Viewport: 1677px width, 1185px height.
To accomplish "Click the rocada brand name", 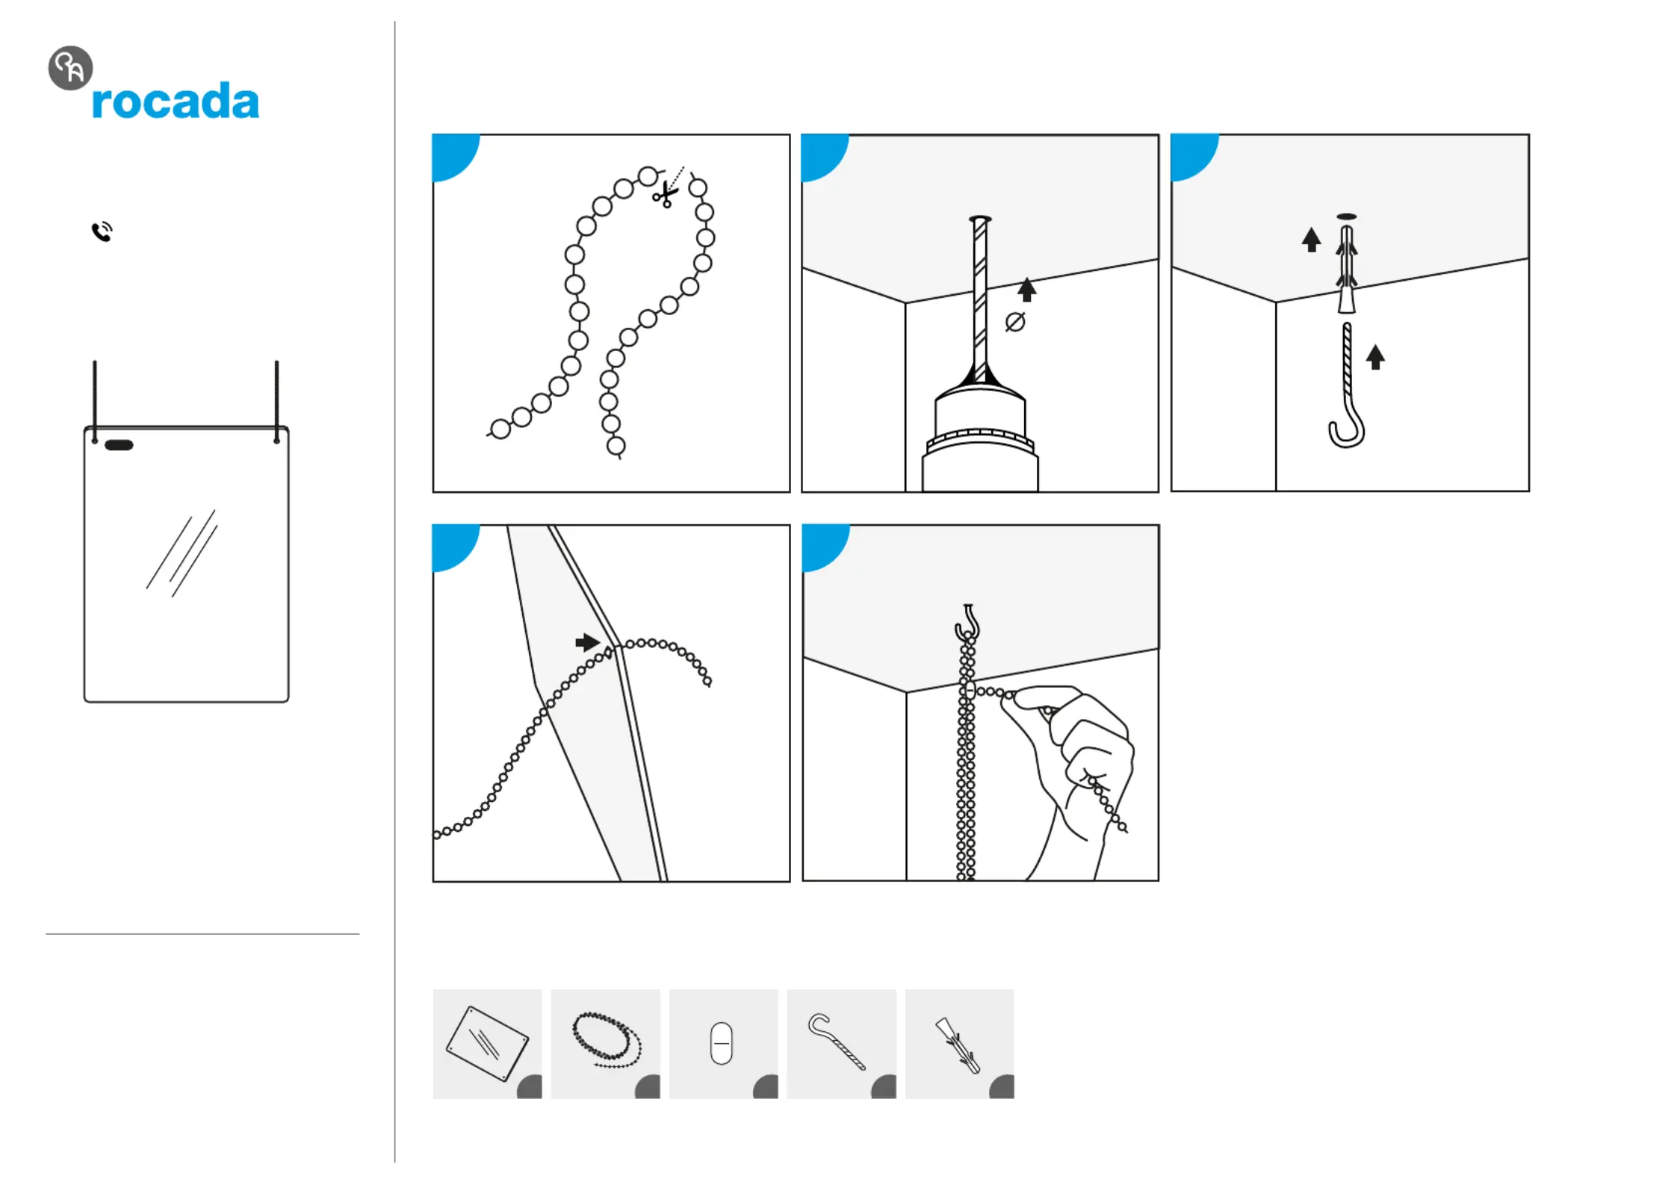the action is pyautogui.click(x=175, y=101).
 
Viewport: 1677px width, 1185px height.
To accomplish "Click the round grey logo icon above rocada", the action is pyautogui.click(x=70, y=68).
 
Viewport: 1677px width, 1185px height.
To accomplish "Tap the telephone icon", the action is pyautogui.click(x=102, y=231).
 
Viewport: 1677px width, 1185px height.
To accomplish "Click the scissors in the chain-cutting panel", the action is pyautogui.click(x=664, y=195).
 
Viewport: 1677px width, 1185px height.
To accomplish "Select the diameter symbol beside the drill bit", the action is pyautogui.click(x=1014, y=322).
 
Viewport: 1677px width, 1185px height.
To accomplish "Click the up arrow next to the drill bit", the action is pyautogui.click(x=1026, y=290).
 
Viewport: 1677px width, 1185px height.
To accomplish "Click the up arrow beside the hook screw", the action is pyautogui.click(x=1375, y=357).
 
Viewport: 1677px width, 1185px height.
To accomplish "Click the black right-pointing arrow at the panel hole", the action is pyautogui.click(x=587, y=642).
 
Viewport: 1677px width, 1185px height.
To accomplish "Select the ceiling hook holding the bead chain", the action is pyautogui.click(x=967, y=622).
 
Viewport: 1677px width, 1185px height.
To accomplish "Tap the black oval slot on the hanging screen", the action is pyautogui.click(x=119, y=445).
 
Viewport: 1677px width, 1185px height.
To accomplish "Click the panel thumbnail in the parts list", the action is pyautogui.click(x=487, y=1043).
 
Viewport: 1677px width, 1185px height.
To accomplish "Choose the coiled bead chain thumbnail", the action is pyautogui.click(x=605, y=1043).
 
